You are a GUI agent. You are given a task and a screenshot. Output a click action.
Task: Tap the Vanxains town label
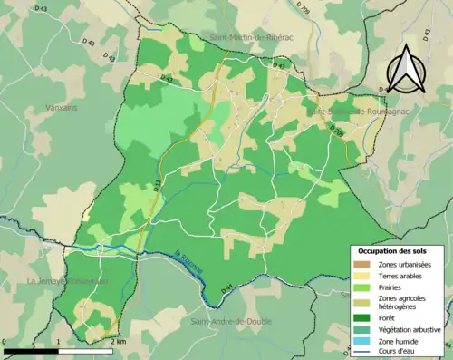pos(63,107)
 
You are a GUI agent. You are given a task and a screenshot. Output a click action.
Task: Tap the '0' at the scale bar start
pos(5,343)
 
